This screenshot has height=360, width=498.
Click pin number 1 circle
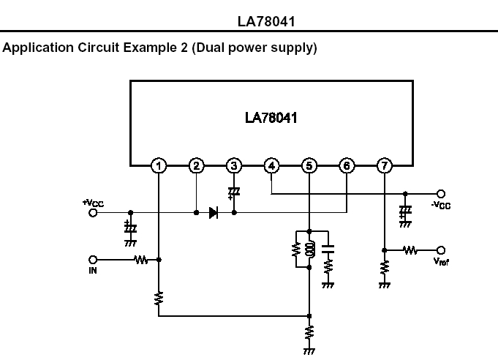159,165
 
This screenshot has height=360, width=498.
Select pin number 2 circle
196,165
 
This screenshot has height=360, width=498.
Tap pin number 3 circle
234,165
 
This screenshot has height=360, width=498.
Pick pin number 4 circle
271,165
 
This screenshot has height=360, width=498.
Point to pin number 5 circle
309,165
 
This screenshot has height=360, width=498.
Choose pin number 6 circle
347,165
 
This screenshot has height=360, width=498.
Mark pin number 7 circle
385,165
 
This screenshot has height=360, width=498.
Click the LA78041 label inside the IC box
271,117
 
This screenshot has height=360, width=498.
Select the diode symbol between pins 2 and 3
214,213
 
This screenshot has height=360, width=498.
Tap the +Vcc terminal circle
93,213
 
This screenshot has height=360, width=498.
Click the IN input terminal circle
93,259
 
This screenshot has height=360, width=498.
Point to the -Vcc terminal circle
441,194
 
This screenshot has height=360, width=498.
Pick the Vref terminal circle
441,250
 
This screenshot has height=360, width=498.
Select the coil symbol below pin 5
309,250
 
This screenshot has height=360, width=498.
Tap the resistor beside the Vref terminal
411,250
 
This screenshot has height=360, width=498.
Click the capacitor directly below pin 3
234,192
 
